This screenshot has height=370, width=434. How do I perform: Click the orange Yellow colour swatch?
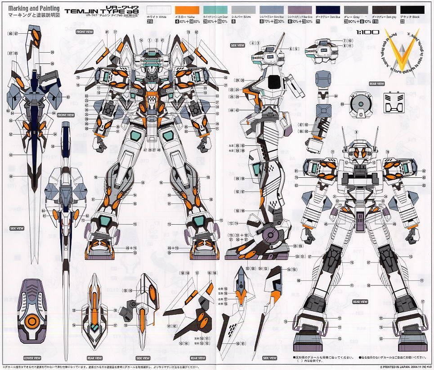tap(187, 9)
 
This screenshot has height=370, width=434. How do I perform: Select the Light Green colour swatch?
tap(215, 9)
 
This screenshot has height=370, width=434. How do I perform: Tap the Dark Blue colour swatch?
tap(328, 9)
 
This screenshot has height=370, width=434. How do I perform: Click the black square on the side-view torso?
tap(274, 83)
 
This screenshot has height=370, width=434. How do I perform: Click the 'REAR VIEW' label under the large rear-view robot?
tap(360, 302)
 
